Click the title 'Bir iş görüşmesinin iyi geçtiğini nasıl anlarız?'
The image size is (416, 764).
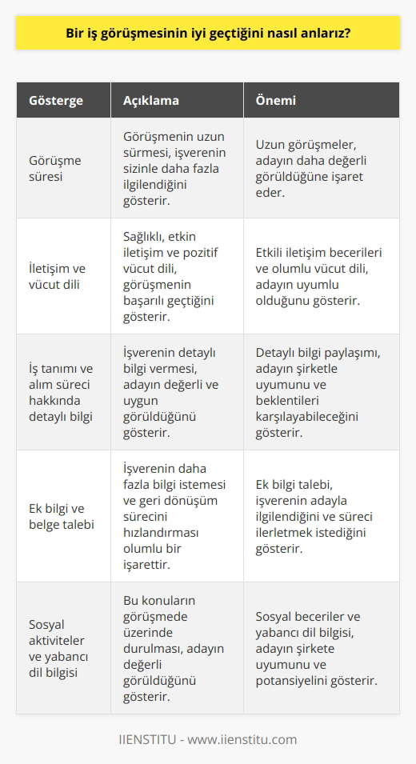pos(208,36)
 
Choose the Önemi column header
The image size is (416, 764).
pos(275,101)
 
